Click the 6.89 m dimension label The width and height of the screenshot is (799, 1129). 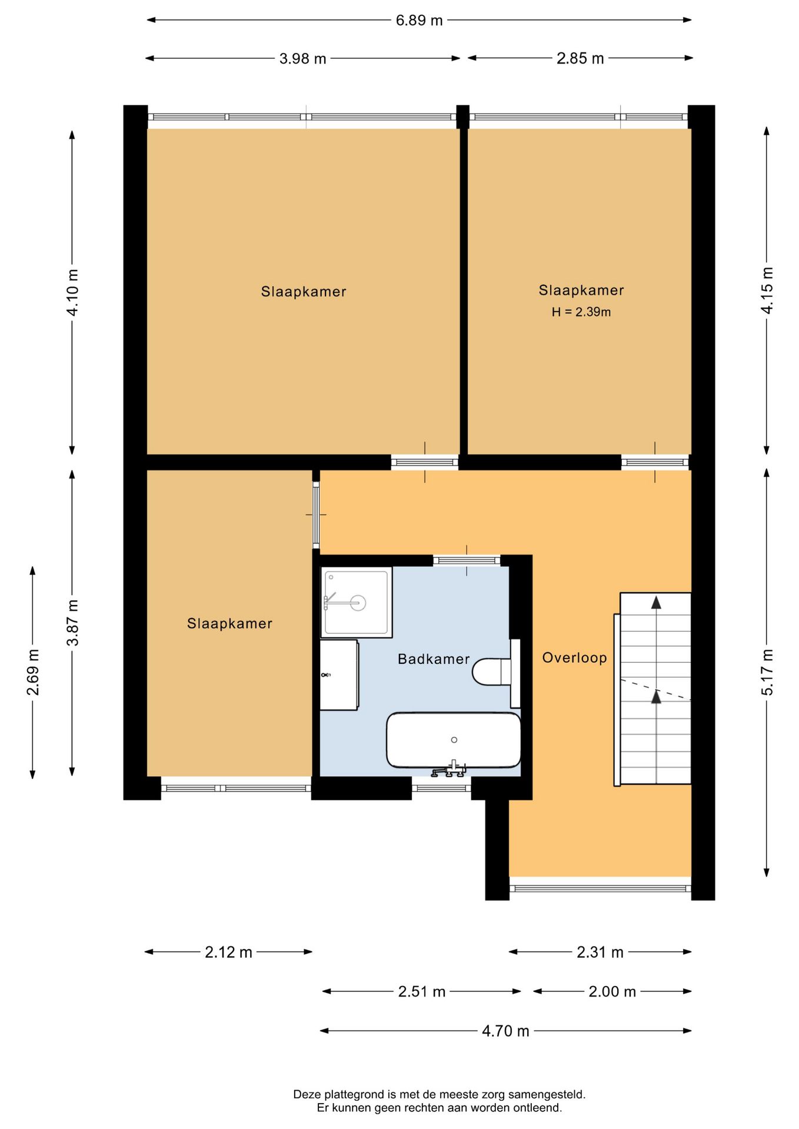[419, 21]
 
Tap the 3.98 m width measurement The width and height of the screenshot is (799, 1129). [302, 59]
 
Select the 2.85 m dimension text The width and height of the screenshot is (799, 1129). [580, 59]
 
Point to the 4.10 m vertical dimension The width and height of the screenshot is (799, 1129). [72, 292]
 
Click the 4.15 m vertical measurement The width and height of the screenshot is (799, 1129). [767, 290]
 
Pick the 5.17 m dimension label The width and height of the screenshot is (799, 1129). [767, 672]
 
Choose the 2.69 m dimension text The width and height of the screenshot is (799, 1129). [33, 672]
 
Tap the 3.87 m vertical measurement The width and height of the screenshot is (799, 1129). [72, 623]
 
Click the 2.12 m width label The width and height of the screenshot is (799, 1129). [228, 952]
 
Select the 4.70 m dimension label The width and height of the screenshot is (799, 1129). [505, 1031]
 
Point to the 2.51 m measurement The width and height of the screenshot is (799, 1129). [422, 991]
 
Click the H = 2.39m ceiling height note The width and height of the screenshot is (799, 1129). [581, 312]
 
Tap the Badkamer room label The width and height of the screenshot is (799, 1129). [434, 659]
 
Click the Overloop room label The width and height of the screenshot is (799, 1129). [574, 658]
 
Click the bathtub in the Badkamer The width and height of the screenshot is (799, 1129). [454, 740]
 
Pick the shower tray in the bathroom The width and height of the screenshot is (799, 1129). [357, 602]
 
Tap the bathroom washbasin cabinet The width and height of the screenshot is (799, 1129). [339, 674]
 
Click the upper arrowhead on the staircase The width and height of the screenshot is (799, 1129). [656, 602]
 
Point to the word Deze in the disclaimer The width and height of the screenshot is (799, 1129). [308, 1094]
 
